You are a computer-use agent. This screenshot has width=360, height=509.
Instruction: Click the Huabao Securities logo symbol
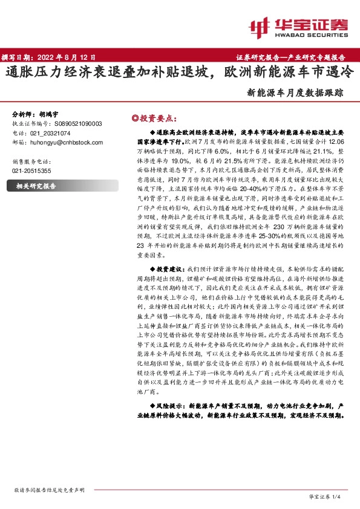coord(260,26)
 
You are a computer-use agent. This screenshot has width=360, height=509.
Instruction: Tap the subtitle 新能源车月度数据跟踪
coord(295,94)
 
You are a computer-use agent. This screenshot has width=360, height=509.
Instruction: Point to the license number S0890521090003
coord(73,123)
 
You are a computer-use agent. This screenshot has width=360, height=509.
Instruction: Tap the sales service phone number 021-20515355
coord(31,172)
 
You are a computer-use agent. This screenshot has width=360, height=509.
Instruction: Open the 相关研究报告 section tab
coord(36,187)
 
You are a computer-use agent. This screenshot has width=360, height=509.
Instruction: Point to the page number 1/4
coord(339,496)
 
